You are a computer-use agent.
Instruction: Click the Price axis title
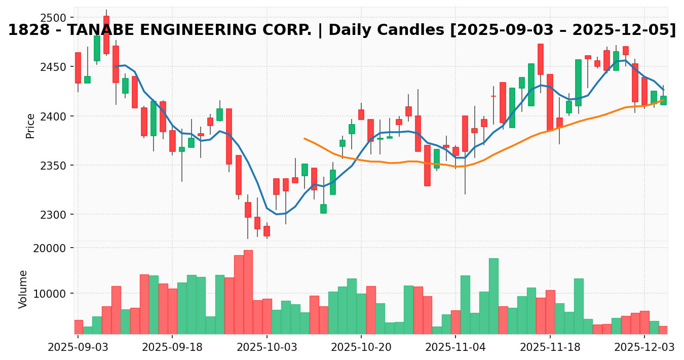(30, 126)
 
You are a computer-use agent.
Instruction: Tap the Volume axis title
(23, 289)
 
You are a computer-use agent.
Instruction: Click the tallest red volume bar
(248, 292)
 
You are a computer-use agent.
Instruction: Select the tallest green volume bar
(493, 296)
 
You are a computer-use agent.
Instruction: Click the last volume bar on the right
(663, 330)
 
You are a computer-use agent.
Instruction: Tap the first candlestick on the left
(78, 68)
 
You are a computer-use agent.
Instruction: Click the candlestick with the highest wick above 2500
(106, 34)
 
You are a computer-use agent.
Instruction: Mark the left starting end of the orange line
(305, 138)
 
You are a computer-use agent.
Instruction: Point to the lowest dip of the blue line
(277, 214)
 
